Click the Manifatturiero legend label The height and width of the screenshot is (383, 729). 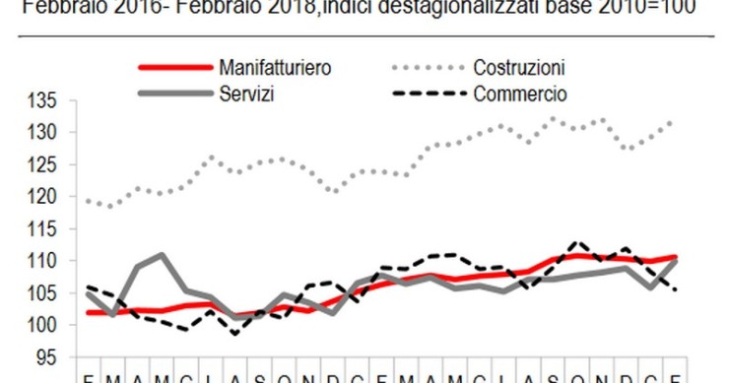275,69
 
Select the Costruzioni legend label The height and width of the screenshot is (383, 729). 518,69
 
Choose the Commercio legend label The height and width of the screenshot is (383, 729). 519,94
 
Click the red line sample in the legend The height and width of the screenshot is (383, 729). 174,69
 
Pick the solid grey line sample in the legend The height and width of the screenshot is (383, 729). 174,94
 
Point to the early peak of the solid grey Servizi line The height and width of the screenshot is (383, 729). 160,255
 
